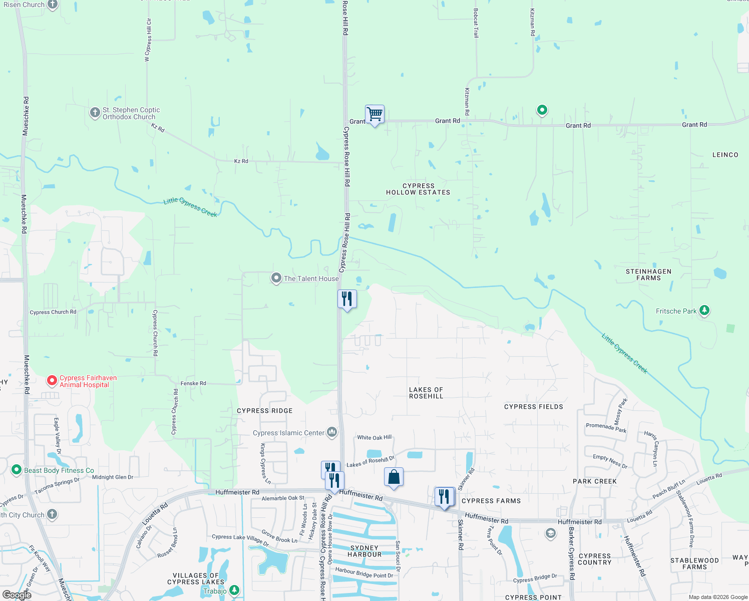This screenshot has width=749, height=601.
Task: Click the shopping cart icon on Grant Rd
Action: (374, 115)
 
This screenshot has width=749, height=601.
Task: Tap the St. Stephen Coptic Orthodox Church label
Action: (131, 114)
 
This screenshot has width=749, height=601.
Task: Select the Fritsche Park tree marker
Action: (704, 311)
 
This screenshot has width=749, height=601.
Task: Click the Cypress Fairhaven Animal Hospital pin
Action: (52, 381)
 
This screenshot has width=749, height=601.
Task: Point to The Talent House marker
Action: (276, 278)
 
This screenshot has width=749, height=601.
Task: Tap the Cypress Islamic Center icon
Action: (332, 432)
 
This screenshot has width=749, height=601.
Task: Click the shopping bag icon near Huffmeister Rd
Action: (394, 477)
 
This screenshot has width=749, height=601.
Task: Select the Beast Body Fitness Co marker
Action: (17, 470)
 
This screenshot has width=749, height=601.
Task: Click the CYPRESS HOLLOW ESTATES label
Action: (418, 189)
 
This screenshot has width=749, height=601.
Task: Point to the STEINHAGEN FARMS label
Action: (648, 275)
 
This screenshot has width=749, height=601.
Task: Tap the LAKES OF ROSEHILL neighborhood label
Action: (426, 393)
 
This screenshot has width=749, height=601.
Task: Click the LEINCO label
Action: (725, 155)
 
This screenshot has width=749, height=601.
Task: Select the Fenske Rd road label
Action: (193, 384)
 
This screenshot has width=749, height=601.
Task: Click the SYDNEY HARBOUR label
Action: (364, 551)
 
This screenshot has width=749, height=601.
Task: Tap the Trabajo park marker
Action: (234, 591)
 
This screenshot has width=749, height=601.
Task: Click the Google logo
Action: (17, 595)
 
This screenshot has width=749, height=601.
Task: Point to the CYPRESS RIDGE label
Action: (264, 411)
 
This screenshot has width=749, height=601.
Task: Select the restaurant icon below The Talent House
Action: (347, 299)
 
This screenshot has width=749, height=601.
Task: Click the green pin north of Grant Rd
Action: (542, 110)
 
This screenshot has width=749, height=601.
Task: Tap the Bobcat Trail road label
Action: (476, 23)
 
